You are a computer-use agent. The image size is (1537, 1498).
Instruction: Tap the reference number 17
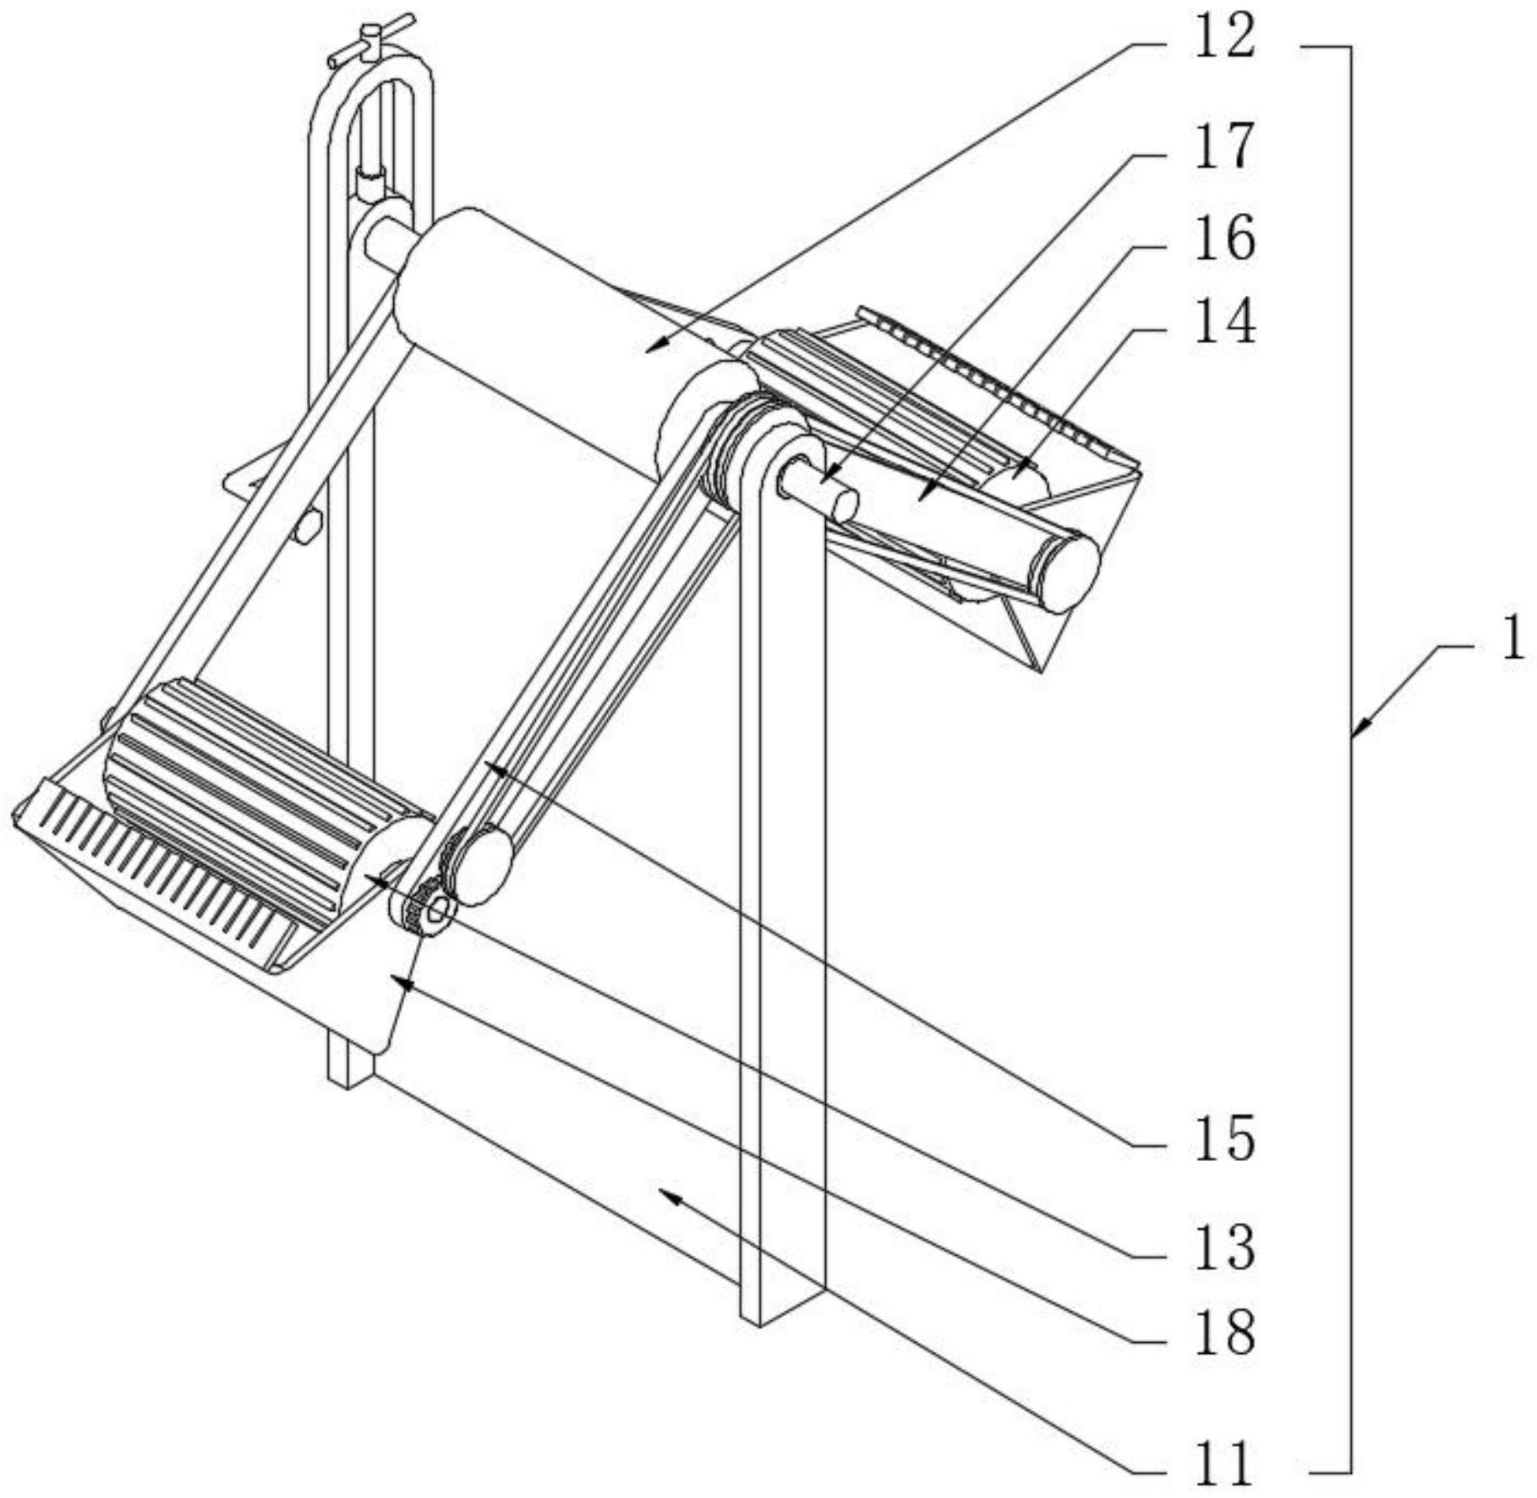click(x=1225, y=146)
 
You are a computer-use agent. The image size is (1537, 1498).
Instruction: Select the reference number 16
click(x=1225, y=239)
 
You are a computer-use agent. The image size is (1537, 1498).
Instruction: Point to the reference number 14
click(x=1225, y=323)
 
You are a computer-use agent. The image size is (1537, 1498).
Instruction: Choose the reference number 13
click(x=1225, y=1247)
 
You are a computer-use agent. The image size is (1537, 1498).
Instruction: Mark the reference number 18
click(x=1225, y=1332)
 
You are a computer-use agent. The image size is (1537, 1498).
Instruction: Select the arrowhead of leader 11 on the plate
click(x=667, y=1194)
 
